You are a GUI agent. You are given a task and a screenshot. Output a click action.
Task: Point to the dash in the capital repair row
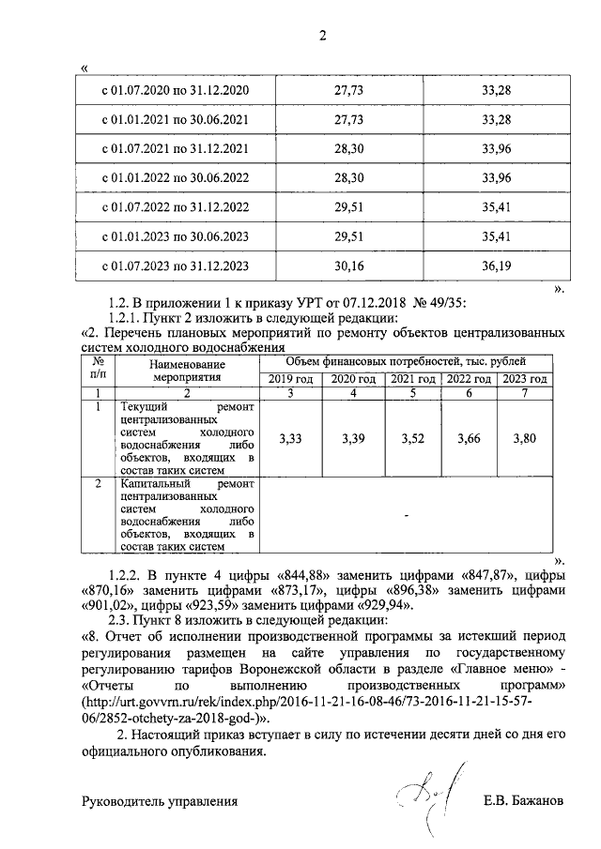tap(406, 515)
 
